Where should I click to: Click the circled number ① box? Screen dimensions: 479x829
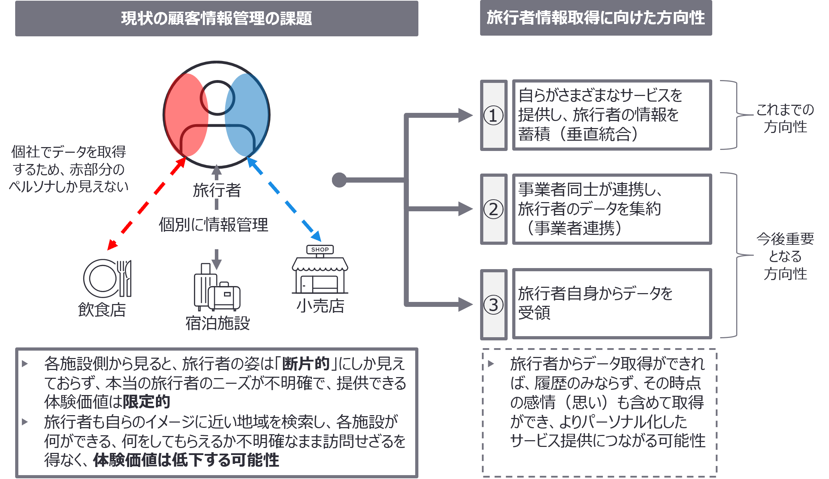point(494,115)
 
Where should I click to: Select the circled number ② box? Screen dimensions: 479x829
point(494,209)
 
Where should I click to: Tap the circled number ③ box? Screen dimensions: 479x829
point(494,305)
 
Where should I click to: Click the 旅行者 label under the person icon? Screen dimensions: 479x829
point(217,190)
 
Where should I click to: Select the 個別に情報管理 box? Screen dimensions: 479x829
point(213,225)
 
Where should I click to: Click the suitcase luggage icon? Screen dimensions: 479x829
point(217,287)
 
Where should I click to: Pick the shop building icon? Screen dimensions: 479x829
point(320,273)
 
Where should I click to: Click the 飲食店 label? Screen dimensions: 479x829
point(102,310)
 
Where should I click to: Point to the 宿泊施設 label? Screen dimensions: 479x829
point(218,323)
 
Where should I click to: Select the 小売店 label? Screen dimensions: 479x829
point(320,306)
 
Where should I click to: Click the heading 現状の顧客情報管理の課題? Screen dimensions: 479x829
point(217,18)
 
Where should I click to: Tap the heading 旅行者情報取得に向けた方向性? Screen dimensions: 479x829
point(596,18)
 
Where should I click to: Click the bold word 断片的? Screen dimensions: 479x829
point(305,364)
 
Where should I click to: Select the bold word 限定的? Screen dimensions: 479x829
point(146,402)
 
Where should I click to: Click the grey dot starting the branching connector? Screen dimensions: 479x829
point(339,180)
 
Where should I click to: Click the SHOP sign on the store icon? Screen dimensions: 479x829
point(320,249)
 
